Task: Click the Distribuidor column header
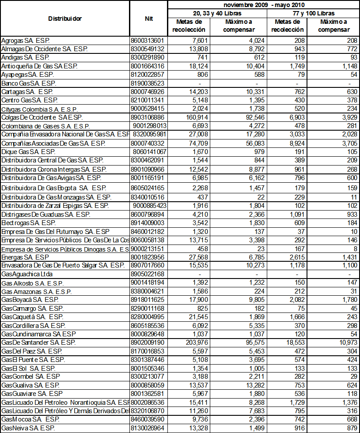point(65,19)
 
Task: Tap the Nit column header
point(149,19)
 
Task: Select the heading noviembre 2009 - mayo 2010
point(264,5)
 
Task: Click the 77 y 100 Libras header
point(314,13)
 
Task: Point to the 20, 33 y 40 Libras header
point(217,13)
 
